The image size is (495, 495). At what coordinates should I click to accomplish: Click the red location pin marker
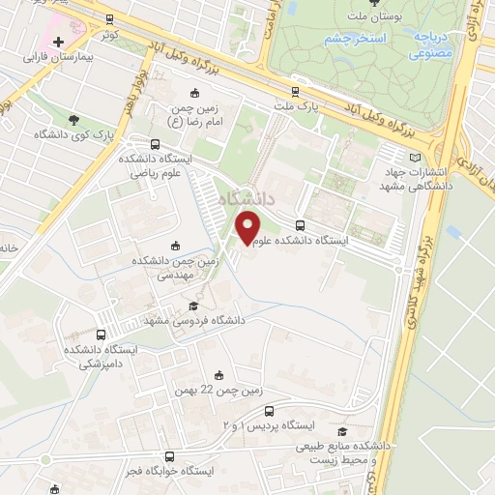[x=248, y=228]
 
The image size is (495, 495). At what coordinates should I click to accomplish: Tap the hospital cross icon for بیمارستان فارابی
[x=59, y=43]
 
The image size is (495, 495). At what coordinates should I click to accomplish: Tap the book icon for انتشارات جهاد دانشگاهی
[x=416, y=158]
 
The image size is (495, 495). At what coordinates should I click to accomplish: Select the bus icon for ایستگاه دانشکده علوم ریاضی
[x=130, y=143]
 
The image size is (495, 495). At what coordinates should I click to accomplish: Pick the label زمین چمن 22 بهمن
[x=218, y=391]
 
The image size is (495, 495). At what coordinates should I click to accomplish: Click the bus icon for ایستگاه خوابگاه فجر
[x=170, y=456]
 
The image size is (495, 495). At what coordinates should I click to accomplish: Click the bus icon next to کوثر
[x=107, y=18]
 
